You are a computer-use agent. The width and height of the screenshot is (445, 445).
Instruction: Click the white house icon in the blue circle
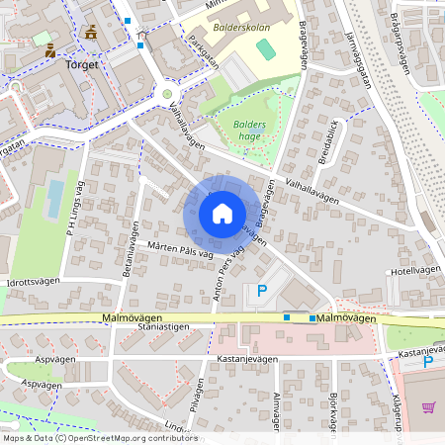(x=222, y=213)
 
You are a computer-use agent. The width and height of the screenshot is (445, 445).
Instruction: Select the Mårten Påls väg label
(x=181, y=253)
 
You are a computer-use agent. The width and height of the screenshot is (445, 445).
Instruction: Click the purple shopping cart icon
(x=428, y=406)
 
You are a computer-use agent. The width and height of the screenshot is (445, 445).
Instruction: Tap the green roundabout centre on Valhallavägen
(x=166, y=95)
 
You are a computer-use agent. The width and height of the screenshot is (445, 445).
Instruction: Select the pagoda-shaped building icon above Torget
(x=91, y=32)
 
